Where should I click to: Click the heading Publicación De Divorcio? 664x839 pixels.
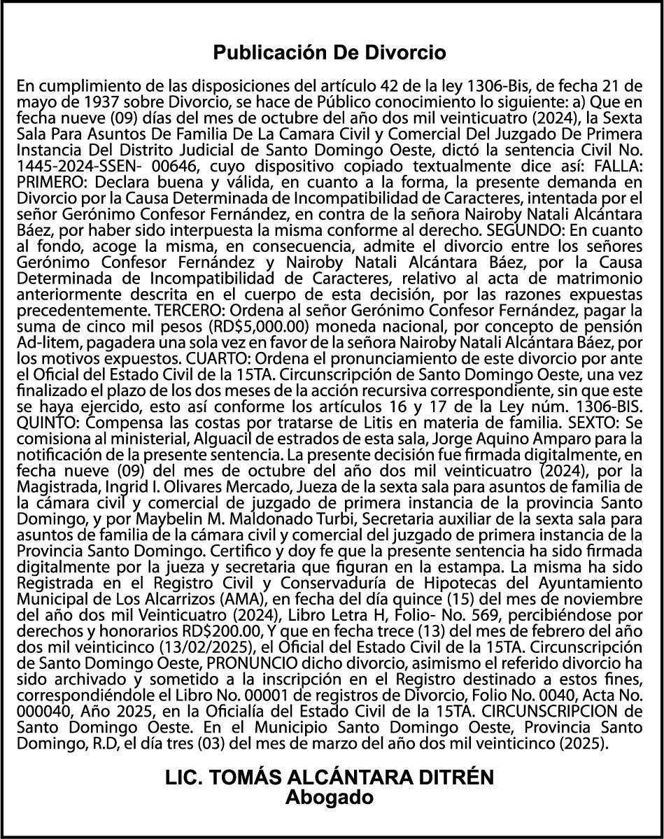click(330, 52)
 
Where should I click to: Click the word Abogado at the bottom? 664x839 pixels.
click(330, 797)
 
